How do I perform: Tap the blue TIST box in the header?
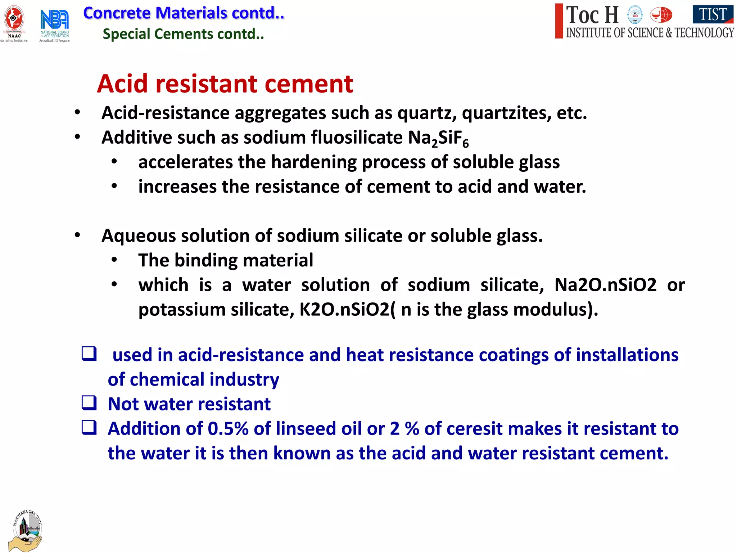713,14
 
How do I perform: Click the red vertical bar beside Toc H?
559,21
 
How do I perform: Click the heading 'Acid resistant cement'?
225,84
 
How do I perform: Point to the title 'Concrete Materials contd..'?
184,13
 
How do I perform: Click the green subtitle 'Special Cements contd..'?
183,34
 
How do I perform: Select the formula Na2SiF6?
438,138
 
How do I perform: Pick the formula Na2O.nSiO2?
605,285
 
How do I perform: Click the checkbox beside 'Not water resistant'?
89,403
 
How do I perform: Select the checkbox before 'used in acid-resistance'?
89,354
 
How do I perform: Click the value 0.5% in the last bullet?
228,429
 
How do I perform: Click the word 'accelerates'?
185,162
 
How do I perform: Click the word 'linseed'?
306,429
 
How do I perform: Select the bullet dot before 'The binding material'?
114,260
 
